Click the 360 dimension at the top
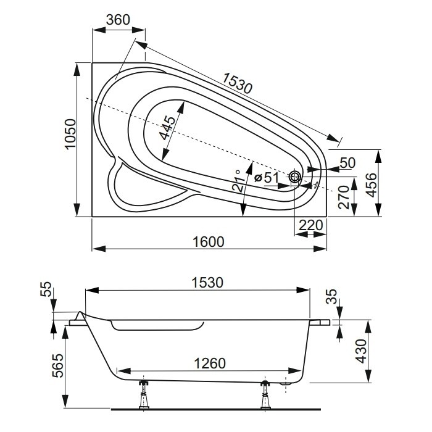click(118, 19)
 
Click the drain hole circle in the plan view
click(295, 178)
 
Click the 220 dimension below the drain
click(310, 225)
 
